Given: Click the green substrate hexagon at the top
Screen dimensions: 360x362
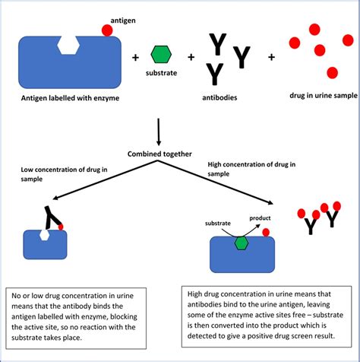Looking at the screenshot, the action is (x=161, y=54).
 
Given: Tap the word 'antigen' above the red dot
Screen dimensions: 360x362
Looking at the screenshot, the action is (x=123, y=21).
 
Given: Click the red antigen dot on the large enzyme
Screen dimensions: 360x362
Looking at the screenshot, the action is (x=107, y=30).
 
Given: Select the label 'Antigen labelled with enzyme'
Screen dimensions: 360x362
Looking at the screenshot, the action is (x=70, y=98).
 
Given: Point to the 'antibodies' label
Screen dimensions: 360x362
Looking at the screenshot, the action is (x=219, y=97).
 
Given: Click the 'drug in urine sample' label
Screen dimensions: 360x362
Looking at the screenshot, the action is (x=324, y=96).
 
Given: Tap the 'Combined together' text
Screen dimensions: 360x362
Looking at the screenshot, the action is (x=159, y=154).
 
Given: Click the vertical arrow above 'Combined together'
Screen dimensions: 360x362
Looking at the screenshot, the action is (x=159, y=132).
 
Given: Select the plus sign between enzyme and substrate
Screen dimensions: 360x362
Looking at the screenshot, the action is (x=135, y=58).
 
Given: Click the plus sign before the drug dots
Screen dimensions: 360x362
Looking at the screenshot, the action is (x=271, y=57).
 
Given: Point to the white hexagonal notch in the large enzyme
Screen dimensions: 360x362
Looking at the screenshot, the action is (x=68, y=45).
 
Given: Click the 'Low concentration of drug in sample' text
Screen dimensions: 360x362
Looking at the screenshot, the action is (x=64, y=174).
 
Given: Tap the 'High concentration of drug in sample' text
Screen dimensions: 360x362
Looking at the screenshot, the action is (x=251, y=169).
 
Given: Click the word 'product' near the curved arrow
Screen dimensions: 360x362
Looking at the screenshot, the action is (x=260, y=218).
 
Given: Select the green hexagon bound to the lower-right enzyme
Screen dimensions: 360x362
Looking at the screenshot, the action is (x=242, y=243).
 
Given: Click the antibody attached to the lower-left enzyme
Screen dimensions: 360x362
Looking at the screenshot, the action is (x=52, y=218).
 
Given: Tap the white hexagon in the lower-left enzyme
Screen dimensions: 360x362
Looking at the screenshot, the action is (x=44, y=235).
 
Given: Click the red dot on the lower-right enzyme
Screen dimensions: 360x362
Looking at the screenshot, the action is (x=266, y=233).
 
